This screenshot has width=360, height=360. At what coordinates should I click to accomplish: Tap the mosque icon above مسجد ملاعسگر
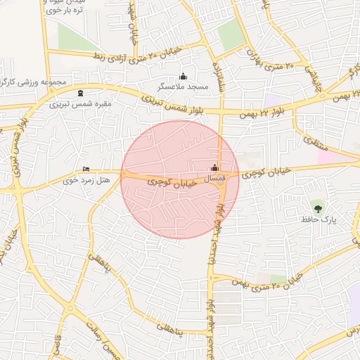coord(184,76)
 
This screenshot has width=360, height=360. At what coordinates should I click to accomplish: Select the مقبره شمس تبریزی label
coord(80,103)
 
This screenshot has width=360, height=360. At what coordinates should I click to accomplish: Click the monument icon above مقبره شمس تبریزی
coord(80,93)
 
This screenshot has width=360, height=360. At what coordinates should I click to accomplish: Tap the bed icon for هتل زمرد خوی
coord(86,169)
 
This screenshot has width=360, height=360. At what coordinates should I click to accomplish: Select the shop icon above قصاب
coord(214,168)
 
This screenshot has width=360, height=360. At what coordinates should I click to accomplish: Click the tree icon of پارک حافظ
coord(318,207)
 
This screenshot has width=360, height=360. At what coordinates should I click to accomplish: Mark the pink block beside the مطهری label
coord(328,154)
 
